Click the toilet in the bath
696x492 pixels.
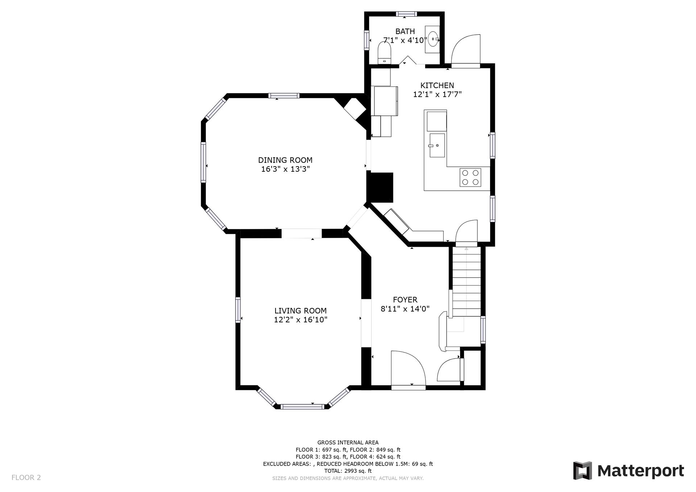pyautogui.click(x=384, y=53)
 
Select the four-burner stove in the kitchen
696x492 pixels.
pyautogui.click(x=470, y=178)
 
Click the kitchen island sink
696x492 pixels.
pyautogui.click(x=437, y=145)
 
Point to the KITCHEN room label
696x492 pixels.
pyautogui.click(x=437, y=86)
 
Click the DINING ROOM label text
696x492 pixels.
pyautogui.click(x=285, y=160)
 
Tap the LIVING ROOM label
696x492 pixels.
pyautogui.click(x=300, y=311)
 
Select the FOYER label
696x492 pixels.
pyautogui.click(x=405, y=300)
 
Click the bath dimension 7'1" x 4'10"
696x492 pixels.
pyautogui.click(x=405, y=40)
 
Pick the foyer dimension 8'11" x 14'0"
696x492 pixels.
pyautogui.click(x=405, y=309)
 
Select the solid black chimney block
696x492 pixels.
pyautogui.click(x=381, y=187)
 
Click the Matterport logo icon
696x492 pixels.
pyautogui.click(x=582, y=471)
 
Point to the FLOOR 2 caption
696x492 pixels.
pyautogui.click(x=26, y=478)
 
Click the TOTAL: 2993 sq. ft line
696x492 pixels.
pyautogui.click(x=348, y=471)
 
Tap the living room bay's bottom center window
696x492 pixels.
pyautogui.click(x=302, y=406)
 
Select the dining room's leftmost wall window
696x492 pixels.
pyautogui.click(x=203, y=162)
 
